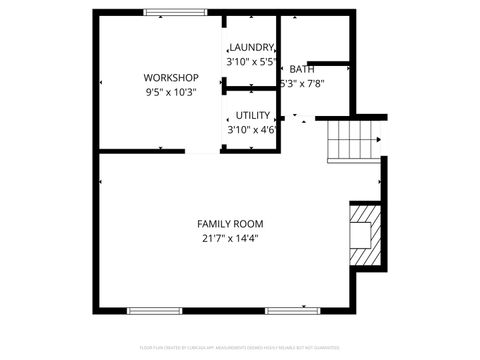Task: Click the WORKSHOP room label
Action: (171, 78)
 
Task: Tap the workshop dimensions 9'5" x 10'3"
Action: (171, 92)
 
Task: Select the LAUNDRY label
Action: (251, 47)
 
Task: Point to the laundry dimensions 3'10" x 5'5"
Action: (251, 61)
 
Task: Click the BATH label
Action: (302, 69)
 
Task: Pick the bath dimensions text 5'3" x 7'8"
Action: (303, 84)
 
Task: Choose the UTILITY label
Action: (252, 115)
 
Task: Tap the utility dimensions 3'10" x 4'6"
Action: (252, 129)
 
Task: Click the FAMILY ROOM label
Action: (231, 223)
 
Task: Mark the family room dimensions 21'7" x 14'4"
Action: (231, 238)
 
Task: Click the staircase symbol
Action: (354, 140)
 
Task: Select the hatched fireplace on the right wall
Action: (363, 234)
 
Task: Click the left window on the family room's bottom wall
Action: (154, 310)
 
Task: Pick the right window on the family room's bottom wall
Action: (292, 310)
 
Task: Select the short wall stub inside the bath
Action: (329, 63)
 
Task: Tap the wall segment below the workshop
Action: (142, 150)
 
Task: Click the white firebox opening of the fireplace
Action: (358, 234)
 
